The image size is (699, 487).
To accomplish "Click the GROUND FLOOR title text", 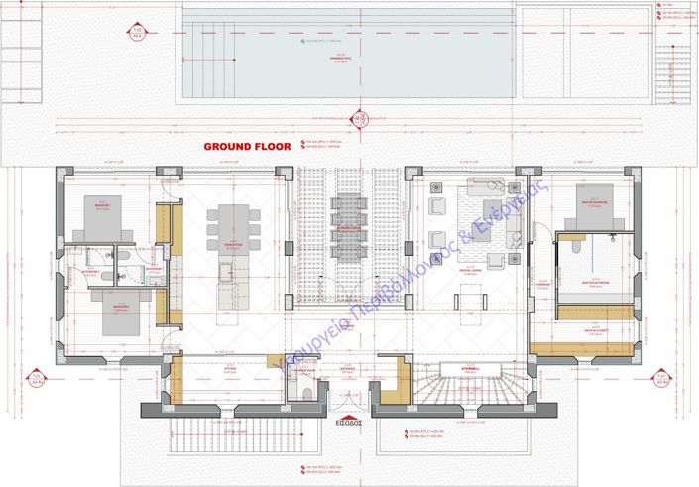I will click(247, 146).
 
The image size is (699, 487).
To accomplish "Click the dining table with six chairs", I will click(233, 223).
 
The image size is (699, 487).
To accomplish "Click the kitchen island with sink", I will click(227, 283).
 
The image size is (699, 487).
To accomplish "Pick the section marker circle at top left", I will click(138, 32).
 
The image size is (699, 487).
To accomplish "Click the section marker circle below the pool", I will click(361, 119).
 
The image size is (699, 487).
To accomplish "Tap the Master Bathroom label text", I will click(594, 281).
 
